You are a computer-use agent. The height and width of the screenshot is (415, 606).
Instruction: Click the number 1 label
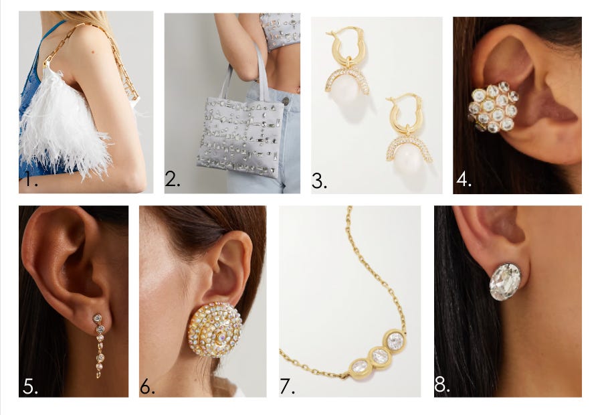31,179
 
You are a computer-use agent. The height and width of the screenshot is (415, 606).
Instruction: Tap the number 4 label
464,179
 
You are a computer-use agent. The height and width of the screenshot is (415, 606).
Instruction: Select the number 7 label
287,386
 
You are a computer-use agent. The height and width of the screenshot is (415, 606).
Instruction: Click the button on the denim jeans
286,101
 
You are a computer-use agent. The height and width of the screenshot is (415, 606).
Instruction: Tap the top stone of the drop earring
98,318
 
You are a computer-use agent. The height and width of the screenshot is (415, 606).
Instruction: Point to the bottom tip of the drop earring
98,377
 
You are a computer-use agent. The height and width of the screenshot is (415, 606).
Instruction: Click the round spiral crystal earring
215,329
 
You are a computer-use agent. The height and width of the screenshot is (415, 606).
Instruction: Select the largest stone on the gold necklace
395,341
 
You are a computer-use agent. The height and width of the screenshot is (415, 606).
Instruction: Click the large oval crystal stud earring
505,281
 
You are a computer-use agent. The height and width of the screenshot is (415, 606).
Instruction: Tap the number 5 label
30,386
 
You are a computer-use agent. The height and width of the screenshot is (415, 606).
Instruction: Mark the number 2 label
173,179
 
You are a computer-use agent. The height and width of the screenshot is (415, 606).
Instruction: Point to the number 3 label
319,181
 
